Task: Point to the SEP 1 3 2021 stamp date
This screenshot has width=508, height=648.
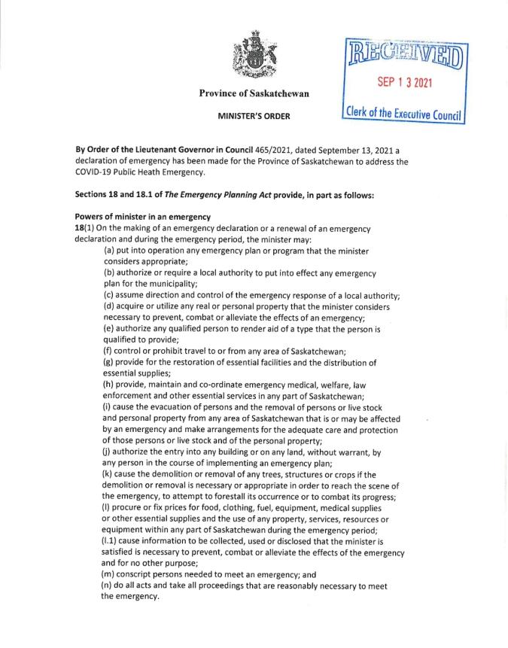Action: [405, 83]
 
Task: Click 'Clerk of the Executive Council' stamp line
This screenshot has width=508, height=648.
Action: [404, 113]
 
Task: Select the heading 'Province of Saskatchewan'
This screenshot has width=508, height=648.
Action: [254, 93]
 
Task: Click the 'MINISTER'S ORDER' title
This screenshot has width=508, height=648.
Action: [254, 117]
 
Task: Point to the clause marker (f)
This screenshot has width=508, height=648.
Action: [109, 351]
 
